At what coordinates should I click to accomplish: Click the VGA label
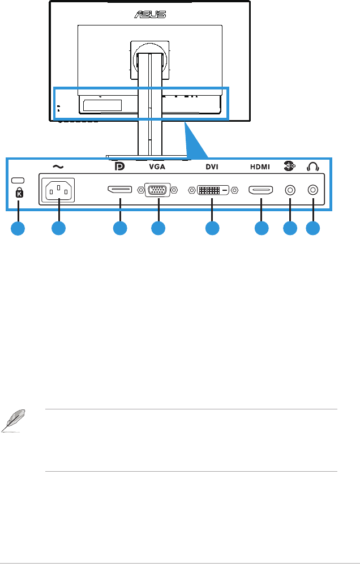(158, 167)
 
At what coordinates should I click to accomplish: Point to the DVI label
(211, 167)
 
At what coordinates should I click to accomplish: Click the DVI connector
(211, 190)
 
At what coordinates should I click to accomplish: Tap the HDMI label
(261, 167)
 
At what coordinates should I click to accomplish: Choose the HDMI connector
(261, 190)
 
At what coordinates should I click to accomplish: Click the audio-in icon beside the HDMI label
(289, 166)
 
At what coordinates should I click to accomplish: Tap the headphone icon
(312, 166)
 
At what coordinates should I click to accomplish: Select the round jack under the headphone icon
(312, 190)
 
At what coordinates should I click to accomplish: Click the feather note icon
(10, 421)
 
